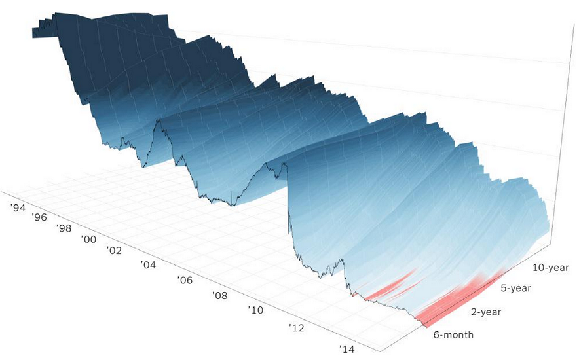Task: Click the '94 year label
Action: [x=18, y=207]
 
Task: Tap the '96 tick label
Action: [x=39, y=217]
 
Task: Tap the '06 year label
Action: [x=185, y=280]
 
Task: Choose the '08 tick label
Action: [x=221, y=295]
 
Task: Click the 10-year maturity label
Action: [x=550, y=268]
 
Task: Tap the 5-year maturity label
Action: [x=515, y=288]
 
